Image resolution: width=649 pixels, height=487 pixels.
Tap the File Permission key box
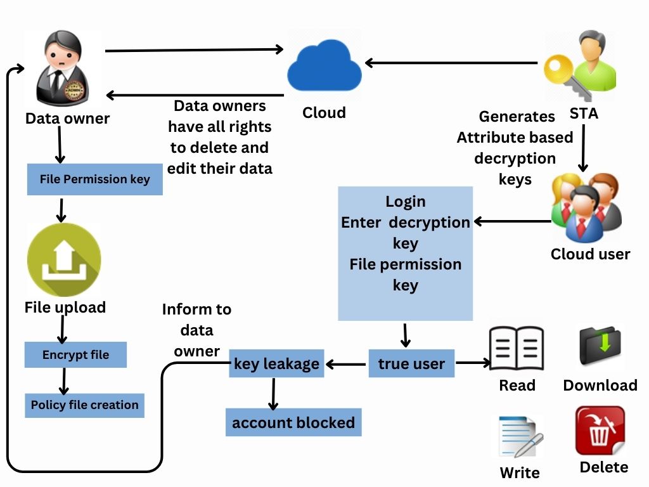pos(95,179)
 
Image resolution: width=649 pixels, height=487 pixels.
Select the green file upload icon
pos(64,260)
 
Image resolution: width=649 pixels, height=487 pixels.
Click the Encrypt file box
pos(75,355)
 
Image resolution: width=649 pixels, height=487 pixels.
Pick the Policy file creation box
pos(84,405)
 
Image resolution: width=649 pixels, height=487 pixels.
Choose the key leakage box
pos(276,363)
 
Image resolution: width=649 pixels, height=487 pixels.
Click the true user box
pos(411,364)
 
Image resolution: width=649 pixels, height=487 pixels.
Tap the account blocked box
pos(293,423)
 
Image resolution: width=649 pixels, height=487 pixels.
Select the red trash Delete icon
pos(600,431)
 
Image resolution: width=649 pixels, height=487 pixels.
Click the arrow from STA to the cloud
pos(453,63)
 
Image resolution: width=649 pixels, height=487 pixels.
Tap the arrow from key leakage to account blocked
pos(274,394)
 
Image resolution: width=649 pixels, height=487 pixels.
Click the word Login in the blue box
pos(406,202)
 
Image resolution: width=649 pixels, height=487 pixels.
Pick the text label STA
pos(584,115)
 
